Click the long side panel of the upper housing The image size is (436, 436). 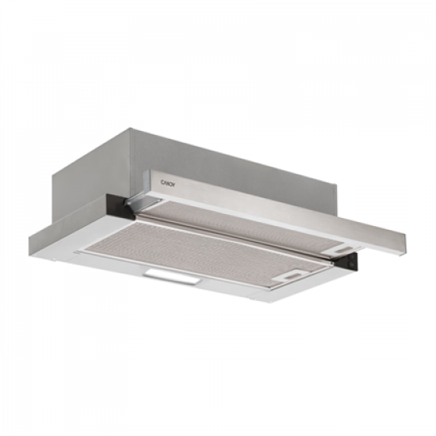(x=238, y=166)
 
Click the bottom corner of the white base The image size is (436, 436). (x=262, y=305)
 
